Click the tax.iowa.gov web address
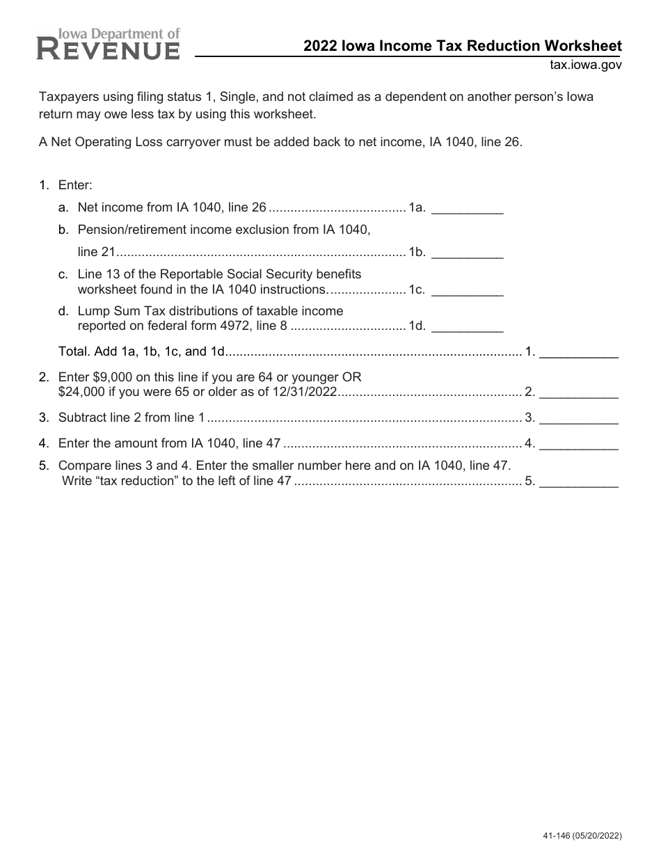(x=584, y=65)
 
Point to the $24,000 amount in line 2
(x=81, y=393)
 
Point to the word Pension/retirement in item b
(x=126, y=229)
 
